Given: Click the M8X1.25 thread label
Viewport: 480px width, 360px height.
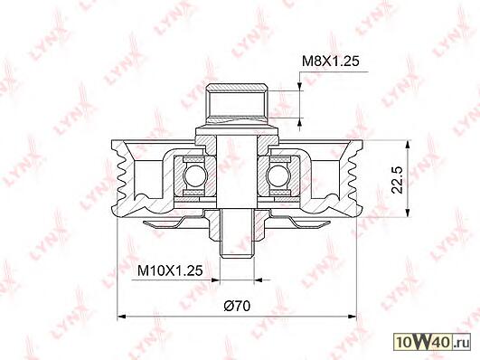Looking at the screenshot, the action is pos(330,62).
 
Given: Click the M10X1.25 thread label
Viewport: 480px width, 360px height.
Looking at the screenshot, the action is pos(170,270).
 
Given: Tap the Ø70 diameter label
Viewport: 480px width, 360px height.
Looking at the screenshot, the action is pos(237,306).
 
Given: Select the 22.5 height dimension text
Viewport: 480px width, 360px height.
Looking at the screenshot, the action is pos(398,180).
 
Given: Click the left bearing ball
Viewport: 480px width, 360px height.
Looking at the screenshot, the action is pos(194,175).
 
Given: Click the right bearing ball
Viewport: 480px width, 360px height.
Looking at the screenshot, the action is pos(278,175).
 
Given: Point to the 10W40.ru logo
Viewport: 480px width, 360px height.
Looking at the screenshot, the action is pos(432,342).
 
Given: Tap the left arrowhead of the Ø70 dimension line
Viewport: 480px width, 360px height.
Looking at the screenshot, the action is pos(122,316).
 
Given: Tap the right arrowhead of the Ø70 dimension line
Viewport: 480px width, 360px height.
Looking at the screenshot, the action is pos(352,316).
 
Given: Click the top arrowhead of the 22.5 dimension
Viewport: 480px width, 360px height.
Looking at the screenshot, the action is pos(408,146).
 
